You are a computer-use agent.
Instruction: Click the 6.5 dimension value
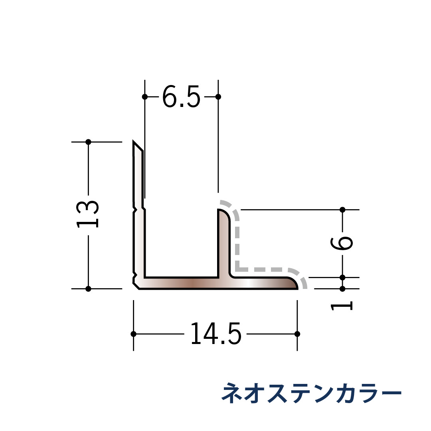coord(181,97)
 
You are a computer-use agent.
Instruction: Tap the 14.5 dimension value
coord(215,334)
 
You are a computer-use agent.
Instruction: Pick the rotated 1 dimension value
coord(342,306)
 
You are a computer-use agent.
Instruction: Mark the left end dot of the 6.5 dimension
coord(145,97)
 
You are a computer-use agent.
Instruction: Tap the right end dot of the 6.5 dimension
coord(218,97)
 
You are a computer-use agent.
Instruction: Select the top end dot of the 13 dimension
coord(89,142)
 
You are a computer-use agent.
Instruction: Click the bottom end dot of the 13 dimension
coord(89,289)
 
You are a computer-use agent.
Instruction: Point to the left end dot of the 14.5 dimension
coord(133,334)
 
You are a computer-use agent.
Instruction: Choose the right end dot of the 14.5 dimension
coord(297,334)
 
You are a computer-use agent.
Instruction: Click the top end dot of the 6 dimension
coord(342,210)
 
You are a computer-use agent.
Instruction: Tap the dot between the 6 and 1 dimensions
coord(342,277)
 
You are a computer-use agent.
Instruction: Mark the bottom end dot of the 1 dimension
coord(342,289)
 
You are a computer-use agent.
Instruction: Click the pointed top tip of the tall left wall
coord(134,142)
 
